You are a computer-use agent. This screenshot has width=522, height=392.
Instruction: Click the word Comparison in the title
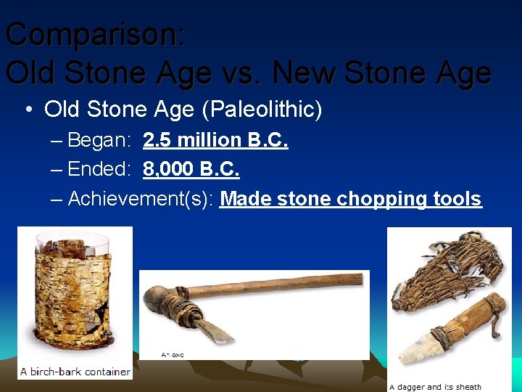94,35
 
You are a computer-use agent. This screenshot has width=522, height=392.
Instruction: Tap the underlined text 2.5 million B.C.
215,140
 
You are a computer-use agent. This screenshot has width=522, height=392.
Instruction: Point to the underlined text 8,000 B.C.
191,169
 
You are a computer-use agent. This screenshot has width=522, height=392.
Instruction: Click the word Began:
99,140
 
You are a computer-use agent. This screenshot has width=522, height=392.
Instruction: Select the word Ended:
99,169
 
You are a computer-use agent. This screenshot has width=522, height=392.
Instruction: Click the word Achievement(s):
141,199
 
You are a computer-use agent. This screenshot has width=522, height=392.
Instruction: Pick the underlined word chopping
381,199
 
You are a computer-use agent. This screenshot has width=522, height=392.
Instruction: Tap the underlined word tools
457,199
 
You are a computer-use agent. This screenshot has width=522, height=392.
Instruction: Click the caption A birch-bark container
75,372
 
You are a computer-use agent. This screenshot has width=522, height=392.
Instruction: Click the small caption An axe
173,355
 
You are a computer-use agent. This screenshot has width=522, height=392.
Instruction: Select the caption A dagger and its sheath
435,387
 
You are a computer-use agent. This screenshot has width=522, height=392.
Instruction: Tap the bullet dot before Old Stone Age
27,110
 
